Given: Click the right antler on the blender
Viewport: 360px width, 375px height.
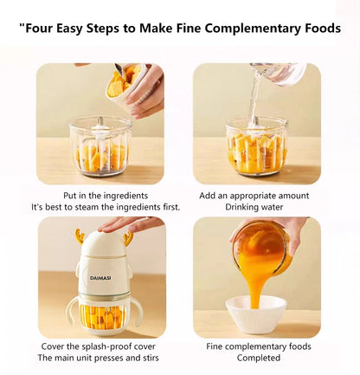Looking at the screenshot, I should (128, 236).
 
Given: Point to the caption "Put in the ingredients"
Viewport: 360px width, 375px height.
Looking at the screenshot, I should (106, 196).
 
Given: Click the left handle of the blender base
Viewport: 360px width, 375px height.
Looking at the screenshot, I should (74, 310).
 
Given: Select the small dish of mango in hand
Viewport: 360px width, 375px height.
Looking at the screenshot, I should (122, 82).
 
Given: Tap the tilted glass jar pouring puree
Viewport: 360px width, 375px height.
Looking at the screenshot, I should (261, 246).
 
